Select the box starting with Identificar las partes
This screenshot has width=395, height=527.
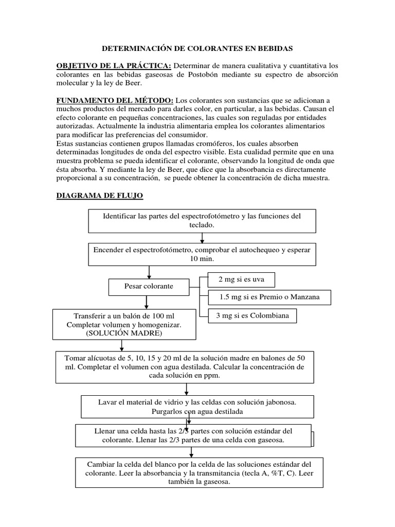click(202, 221)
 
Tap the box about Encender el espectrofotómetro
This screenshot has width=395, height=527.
click(202, 254)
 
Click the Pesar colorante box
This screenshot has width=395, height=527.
click(149, 286)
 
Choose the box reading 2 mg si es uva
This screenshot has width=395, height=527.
click(241, 279)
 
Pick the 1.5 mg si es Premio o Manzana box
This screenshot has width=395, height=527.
click(269, 297)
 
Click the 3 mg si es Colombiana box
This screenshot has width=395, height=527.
click(253, 315)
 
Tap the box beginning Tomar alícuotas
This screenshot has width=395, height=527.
click(185, 367)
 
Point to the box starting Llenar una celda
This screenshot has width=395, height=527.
click(193, 435)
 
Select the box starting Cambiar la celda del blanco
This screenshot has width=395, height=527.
click(200, 472)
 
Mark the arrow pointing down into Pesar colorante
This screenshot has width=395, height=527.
click(149, 272)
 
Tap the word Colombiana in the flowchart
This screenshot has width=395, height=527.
click(271, 315)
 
